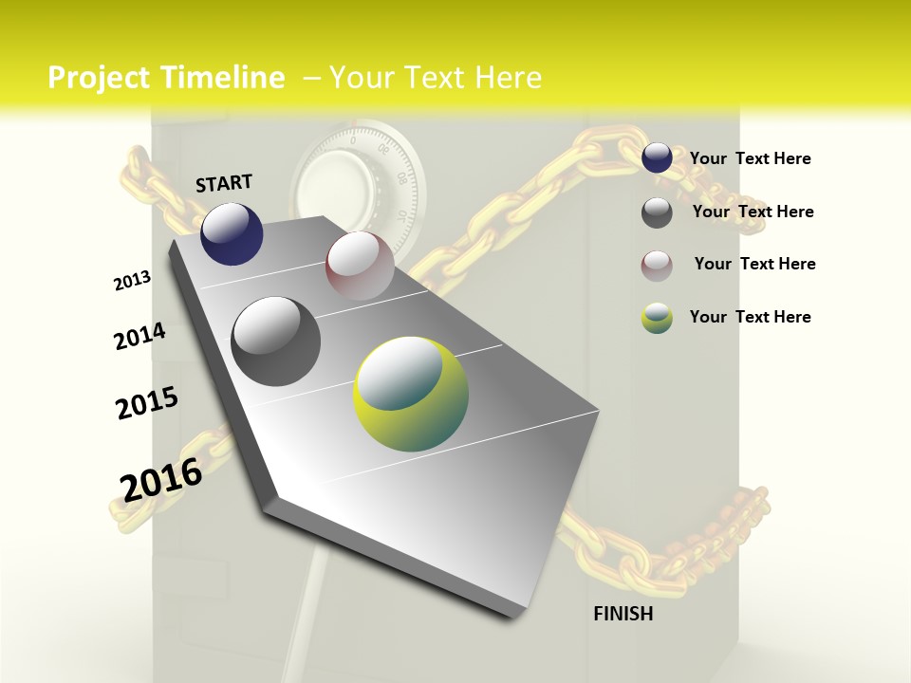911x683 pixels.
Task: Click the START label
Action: (224, 183)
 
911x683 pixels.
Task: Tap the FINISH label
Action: (623, 614)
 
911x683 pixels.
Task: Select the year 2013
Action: (132, 281)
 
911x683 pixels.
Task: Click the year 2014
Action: (139, 337)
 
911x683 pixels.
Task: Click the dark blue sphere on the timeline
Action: (232, 233)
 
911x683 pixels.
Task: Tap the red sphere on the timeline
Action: (360, 266)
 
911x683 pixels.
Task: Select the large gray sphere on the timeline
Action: (276, 341)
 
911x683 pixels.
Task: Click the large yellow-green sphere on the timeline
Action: (411, 394)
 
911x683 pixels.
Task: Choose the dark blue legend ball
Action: (657, 158)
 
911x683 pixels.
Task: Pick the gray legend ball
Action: (657, 212)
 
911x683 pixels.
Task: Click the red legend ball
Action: (657, 266)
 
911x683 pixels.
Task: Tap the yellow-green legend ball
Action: (657, 318)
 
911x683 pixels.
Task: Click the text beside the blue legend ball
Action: (750, 158)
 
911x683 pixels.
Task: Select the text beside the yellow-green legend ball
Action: (750, 317)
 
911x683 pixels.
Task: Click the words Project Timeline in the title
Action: (166, 78)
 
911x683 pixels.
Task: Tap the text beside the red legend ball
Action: (754, 264)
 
